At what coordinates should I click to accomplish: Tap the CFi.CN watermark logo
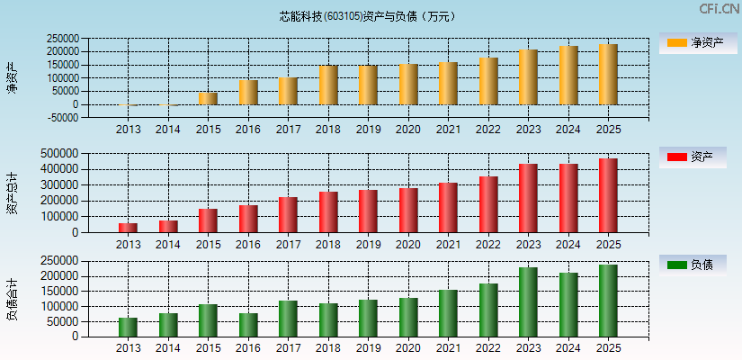[719, 9]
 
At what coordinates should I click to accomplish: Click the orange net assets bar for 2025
[608, 75]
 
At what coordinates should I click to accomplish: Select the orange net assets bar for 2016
[248, 93]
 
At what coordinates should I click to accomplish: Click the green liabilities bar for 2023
[528, 302]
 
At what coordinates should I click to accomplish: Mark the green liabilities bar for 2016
[248, 325]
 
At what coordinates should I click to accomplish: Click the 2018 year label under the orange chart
[328, 130]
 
